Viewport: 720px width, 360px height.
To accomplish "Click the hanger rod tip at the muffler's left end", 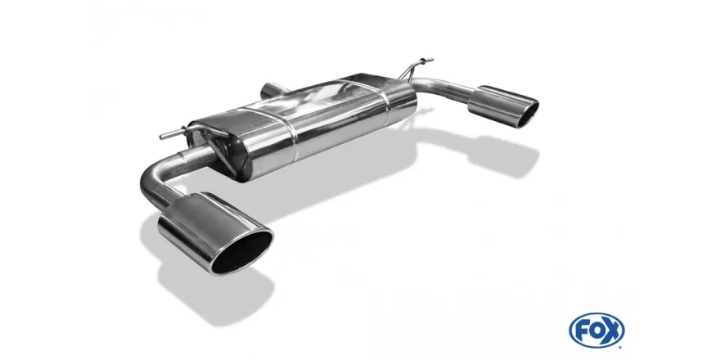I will [x=164, y=134].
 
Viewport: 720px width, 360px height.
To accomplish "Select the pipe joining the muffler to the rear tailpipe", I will [x=446, y=89].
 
